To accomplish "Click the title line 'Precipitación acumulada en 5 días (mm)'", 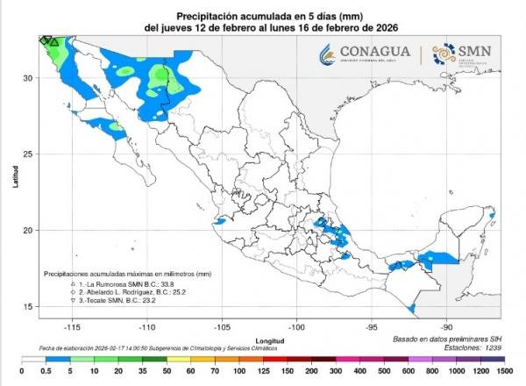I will tap(262, 16).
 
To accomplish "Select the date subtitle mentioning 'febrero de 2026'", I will tap(262, 28).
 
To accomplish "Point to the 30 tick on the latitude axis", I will tap(28, 78).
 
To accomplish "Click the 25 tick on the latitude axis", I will tap(28, 154).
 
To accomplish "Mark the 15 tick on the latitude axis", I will tap(28, 306).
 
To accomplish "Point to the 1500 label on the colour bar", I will tap(502, 372).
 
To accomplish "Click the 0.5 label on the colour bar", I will tap(44, 372).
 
